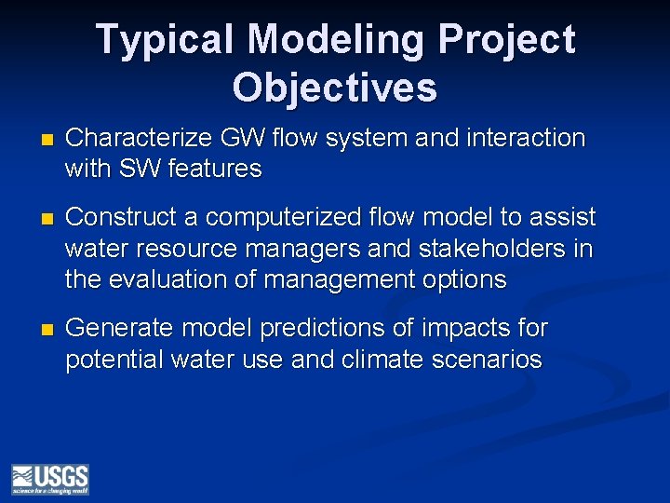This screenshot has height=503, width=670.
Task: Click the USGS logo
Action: pos(50,478)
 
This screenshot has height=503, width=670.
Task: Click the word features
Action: pos(216,170)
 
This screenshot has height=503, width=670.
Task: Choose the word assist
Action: pos(564,217)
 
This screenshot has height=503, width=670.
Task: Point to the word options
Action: pos(459,279)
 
